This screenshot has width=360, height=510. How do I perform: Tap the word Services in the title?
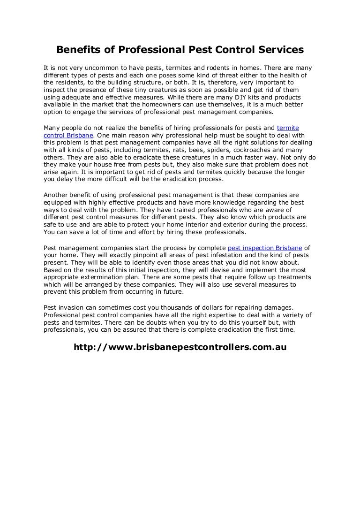[279, 50]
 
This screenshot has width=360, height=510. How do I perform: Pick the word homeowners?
[150, 105]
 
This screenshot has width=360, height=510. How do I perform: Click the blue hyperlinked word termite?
[288, 128]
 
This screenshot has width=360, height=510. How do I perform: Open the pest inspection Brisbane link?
[265, 248]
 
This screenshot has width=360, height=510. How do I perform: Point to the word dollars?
[210, 307]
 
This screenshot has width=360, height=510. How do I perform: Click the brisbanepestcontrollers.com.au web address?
[180, 348]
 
